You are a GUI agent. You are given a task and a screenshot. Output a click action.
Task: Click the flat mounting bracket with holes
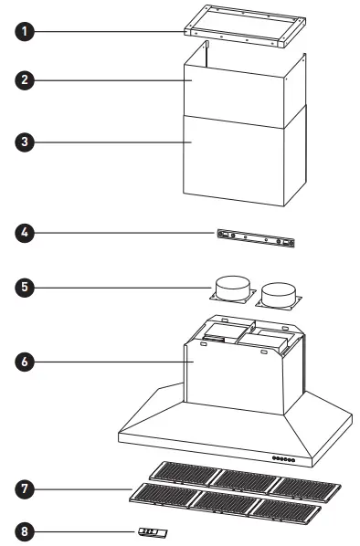point(257,239)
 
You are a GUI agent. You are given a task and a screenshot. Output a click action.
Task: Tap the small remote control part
point(152,530)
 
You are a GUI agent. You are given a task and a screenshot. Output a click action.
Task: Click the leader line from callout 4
point(128,233)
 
